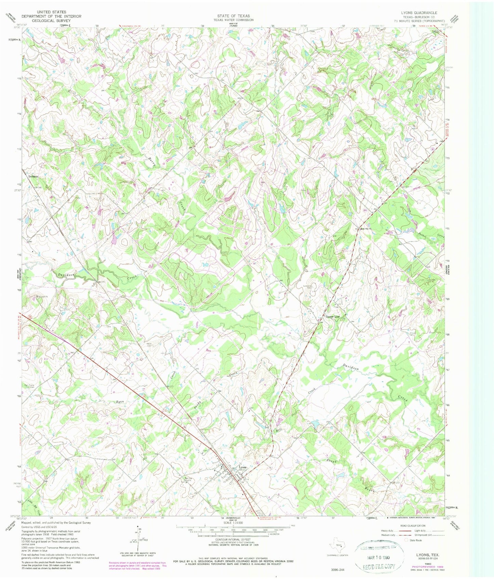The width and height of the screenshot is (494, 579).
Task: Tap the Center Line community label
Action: tap(333, 317)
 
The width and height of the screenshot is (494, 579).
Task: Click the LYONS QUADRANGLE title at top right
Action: tap(419, 13)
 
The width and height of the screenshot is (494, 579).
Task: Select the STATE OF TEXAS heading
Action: tap(233, 16)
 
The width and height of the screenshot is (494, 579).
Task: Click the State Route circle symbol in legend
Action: tap(406, 540)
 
